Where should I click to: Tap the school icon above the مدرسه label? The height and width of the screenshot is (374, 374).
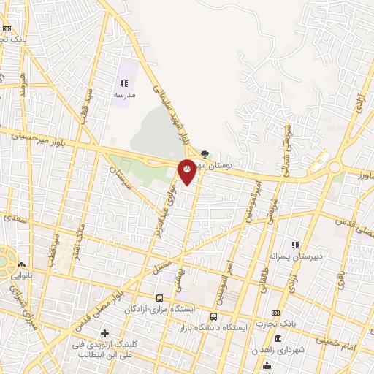click(x=123, y=83)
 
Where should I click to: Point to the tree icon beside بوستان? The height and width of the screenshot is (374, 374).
click(x=205, y=154)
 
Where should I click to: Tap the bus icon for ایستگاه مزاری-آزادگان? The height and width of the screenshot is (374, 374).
click(x=159, y=298)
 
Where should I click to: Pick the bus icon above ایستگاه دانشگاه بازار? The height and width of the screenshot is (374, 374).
click(x=213, y=316)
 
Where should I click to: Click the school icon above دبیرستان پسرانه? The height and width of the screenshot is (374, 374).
click(x=295, y=245)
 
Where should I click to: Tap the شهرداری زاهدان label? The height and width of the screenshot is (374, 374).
click(x=277, y=350)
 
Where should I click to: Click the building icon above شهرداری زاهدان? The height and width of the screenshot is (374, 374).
click(x=278, y=338)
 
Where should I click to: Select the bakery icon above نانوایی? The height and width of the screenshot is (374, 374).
click(x=21, y=265)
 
